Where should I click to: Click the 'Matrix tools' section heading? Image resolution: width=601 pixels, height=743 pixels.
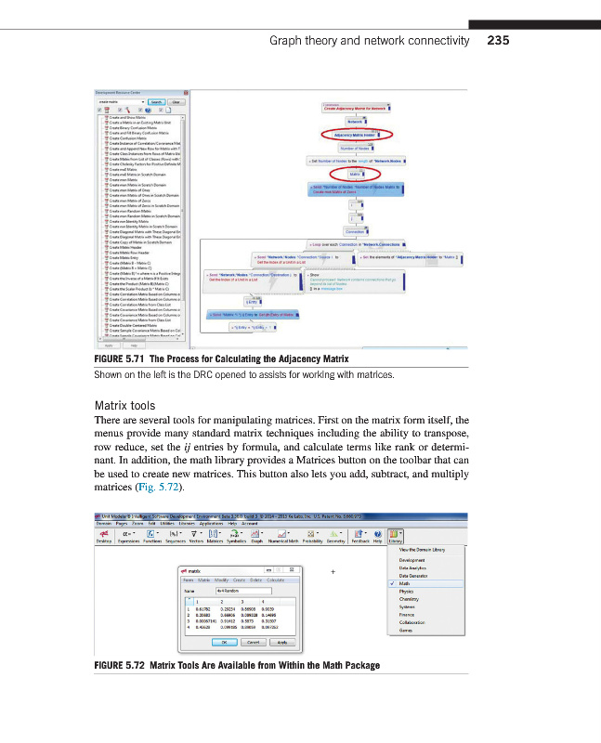(x=128, y=405)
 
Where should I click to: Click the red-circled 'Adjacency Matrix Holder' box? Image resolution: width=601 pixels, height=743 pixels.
(x=354, y=135)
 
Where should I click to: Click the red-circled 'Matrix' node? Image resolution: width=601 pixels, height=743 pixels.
(x=354, y=174)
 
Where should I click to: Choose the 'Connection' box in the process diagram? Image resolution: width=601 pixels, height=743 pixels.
(x=354, y=231)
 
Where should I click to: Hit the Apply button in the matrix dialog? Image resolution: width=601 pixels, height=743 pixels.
(x=281, y=642)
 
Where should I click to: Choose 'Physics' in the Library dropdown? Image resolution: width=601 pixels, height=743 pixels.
(x=407, y=591)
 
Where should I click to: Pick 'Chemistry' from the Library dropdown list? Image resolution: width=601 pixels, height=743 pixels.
(x=410, y=599)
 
